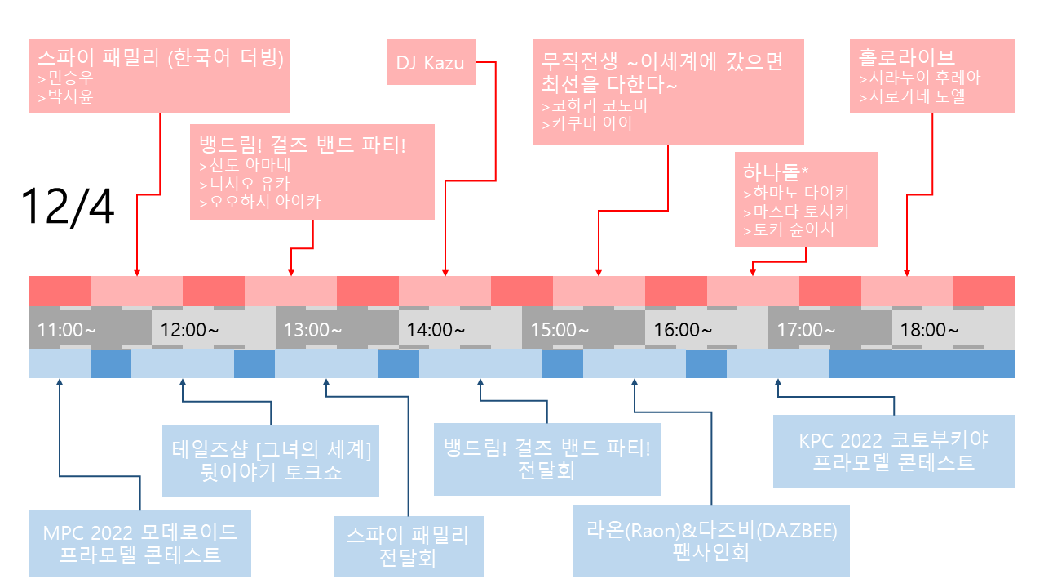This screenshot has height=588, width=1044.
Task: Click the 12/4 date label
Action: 69,207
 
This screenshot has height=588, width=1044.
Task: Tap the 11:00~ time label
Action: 67,330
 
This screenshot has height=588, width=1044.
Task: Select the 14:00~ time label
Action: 436,330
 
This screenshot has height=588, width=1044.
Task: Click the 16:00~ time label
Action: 683,330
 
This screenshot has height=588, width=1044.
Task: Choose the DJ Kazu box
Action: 430,63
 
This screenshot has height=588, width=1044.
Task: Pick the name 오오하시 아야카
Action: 259,202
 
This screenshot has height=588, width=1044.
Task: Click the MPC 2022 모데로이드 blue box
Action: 139,544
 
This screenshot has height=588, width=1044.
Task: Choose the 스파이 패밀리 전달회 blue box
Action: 408,546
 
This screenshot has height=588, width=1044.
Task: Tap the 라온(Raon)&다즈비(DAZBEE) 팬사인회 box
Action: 711,540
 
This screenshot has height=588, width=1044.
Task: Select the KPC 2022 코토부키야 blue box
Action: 893,451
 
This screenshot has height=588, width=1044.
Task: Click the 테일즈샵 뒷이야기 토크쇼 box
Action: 271,461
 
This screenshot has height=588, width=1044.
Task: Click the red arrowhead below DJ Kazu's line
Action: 445,273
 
